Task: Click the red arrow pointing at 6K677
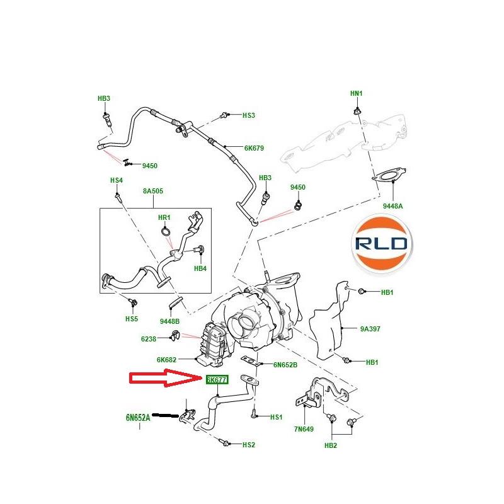click(x=166, y=379)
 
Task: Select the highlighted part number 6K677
click(x=217, y=379)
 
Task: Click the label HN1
click(x=357, y=93)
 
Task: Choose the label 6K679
click(x=254, y=149)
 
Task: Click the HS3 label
click(x=249, y=116)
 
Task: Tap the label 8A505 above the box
click(x=152, y=191)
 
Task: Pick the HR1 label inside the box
click(x=164, y=217)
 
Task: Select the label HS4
click(x=117, y=180)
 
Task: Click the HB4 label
click(x=200, y=268)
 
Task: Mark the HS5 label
click(x=131, y=319)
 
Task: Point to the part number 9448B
click(x=170, y=321)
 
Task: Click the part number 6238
click(x=149, y=339)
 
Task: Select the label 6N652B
click(x=285, y=365)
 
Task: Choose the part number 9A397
click(x=370, y=328)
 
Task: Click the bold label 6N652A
click(x=138, y=418)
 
